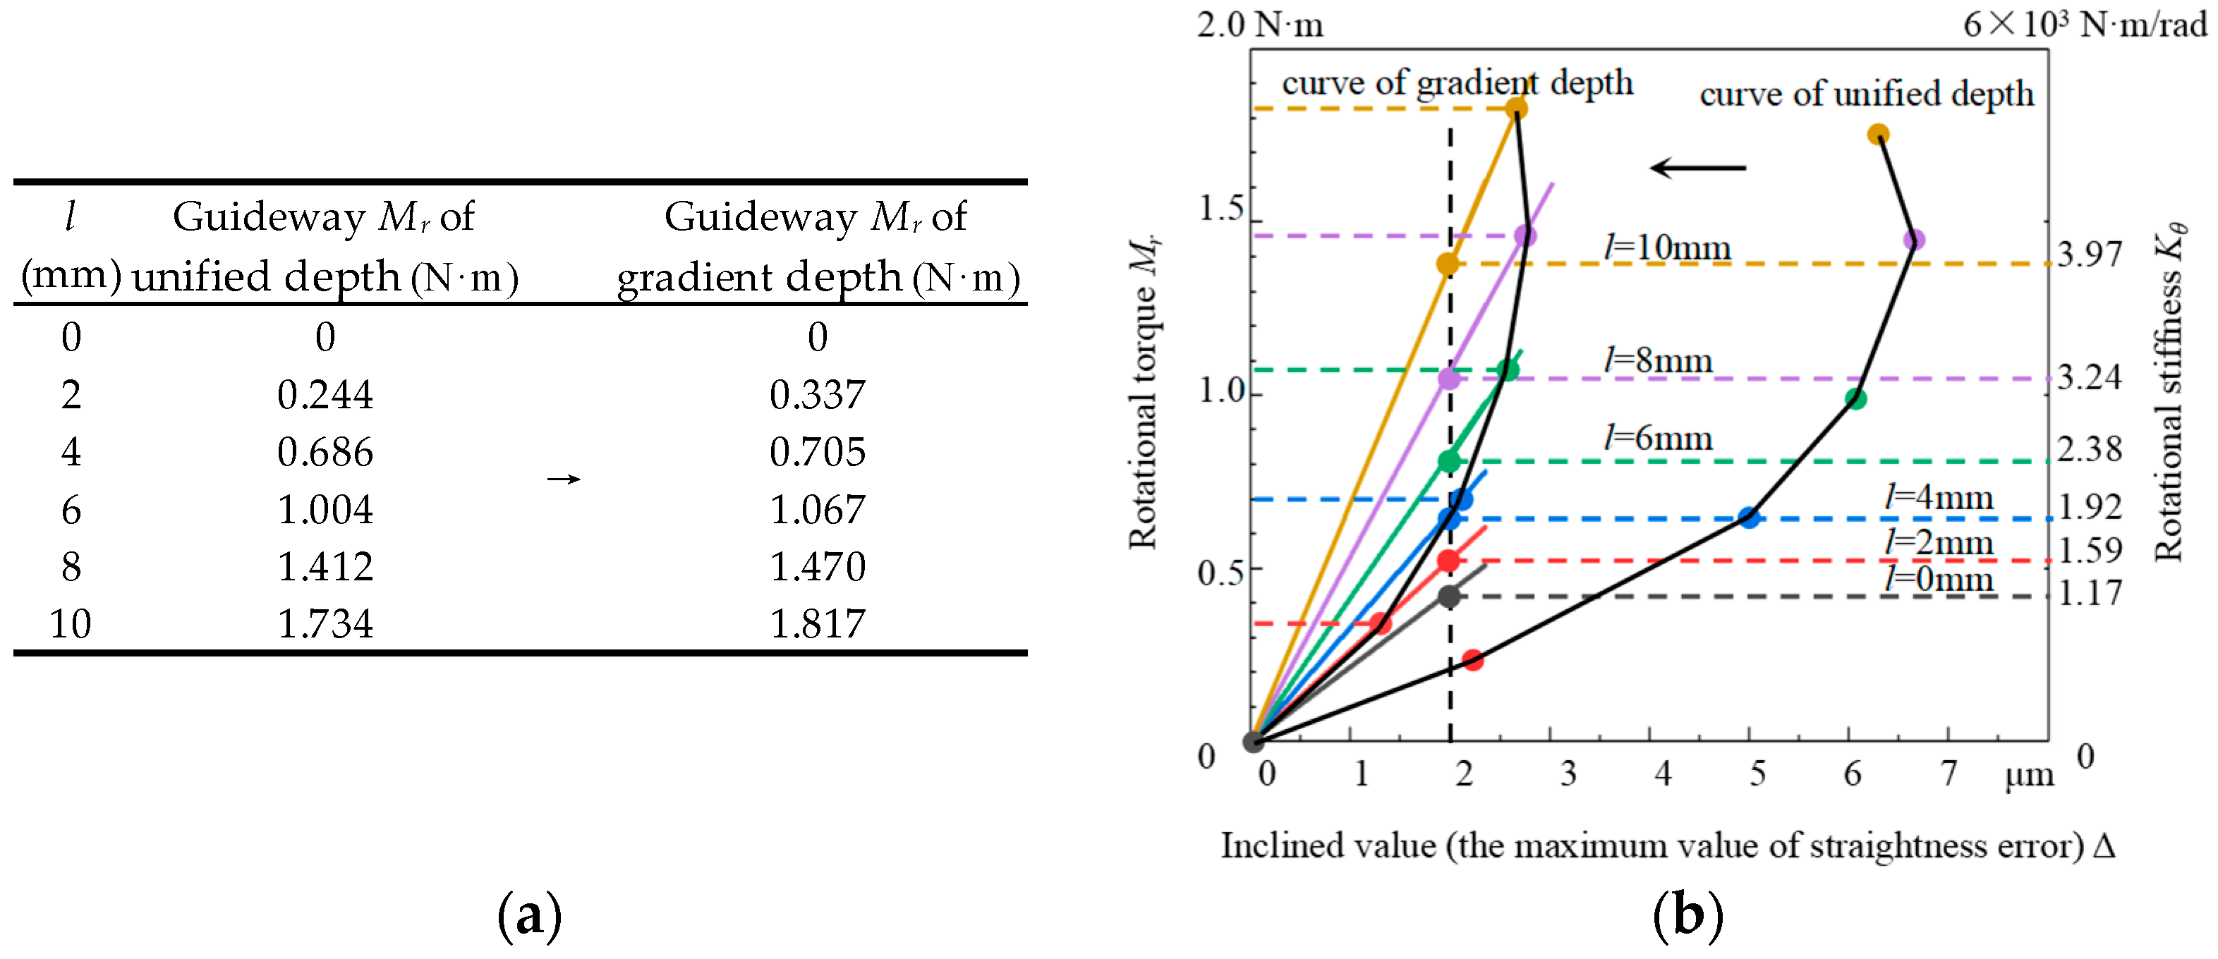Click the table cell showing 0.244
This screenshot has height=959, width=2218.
coord(325,394)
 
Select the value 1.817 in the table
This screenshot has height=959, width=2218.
coord(817,623)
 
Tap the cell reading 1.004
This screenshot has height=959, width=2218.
coord(325,509)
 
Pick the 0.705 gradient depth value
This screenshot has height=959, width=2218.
coord(817,452)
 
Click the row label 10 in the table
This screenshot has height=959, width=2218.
coord(70,623)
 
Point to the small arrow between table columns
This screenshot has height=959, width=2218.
coord(564,479)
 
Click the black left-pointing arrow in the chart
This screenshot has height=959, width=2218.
coord(1697,168)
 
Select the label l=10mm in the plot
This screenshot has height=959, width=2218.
coord(1667,248)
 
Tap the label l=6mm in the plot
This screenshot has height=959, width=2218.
coord(1657,438)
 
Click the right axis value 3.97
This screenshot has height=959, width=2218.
coord(2090,254)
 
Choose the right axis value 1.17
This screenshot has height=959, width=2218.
coord(2090,592)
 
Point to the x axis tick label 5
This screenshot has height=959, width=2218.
coord(1757,773)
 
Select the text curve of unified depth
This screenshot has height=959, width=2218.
coord(1866,94)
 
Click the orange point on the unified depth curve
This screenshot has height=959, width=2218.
coord(1879,134)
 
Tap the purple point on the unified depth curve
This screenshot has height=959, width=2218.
coord(1913,239)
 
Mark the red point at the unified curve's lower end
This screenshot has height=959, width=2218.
coord(1472,660)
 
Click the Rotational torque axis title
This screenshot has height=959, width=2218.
coord(1144,391)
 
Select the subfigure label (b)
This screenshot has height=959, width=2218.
coord(1687,916)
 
